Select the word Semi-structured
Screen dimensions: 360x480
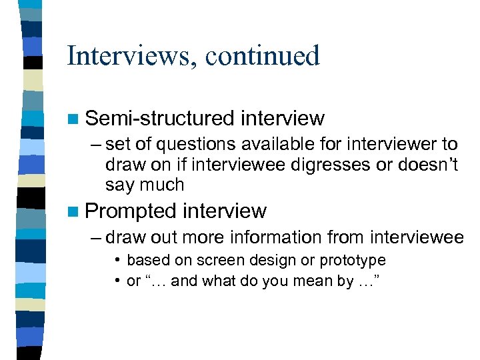pos(160,119)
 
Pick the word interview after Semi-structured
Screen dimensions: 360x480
pos(283,119)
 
